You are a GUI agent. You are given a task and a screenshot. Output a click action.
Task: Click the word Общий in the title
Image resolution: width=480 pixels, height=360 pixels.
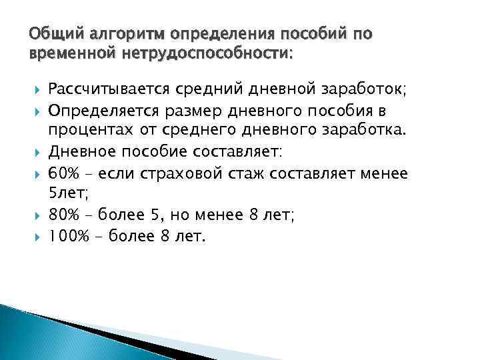coord(48,33)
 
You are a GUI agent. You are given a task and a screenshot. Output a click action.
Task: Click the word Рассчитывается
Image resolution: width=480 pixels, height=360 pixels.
coord(107,88)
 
